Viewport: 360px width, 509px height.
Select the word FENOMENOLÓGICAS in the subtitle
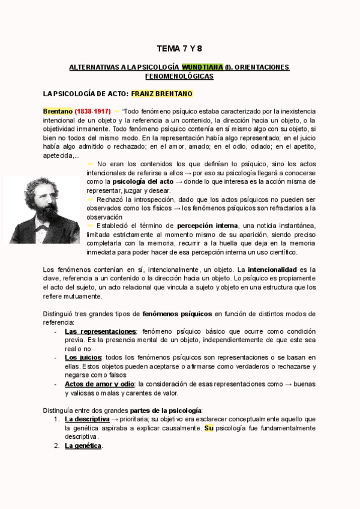tap(179, 76)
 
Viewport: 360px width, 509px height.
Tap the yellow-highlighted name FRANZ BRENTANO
tap(161, 94)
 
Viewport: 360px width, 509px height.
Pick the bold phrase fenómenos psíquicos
tap(177, 313)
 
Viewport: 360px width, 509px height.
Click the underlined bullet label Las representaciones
tap(100, 331)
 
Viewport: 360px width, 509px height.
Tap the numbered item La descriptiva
tap(87, 419)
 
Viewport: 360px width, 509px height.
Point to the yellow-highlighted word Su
tap(209, 428)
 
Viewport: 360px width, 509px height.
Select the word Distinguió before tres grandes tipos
tap(61, 313)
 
